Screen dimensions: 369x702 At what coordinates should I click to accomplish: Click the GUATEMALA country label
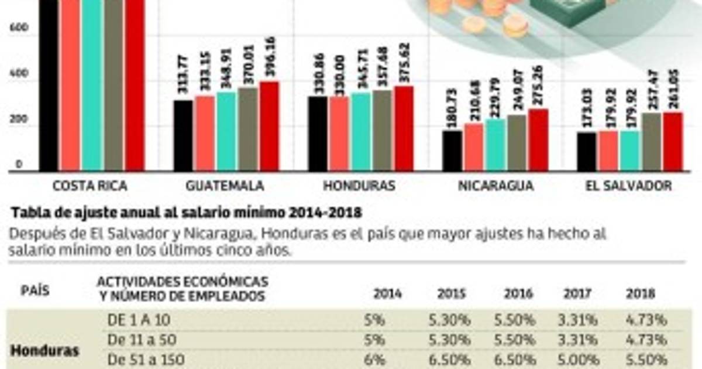[225, 186]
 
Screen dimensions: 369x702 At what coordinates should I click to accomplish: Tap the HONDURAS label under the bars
[359, 186]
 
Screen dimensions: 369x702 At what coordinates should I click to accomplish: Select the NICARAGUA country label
[495, 186]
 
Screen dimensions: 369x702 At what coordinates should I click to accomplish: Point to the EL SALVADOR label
[628, 186]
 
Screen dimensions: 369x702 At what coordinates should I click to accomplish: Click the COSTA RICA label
[90, 186]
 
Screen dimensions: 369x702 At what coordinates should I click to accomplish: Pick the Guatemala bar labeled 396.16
[269, 127]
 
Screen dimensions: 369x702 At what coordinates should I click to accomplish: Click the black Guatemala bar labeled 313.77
[183, 136]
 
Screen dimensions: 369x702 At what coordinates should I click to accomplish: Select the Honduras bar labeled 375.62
[404, 129]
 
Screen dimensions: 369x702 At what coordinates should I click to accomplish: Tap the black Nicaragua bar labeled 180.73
[452, 151]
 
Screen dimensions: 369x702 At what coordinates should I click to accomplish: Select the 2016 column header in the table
[519, 293]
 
